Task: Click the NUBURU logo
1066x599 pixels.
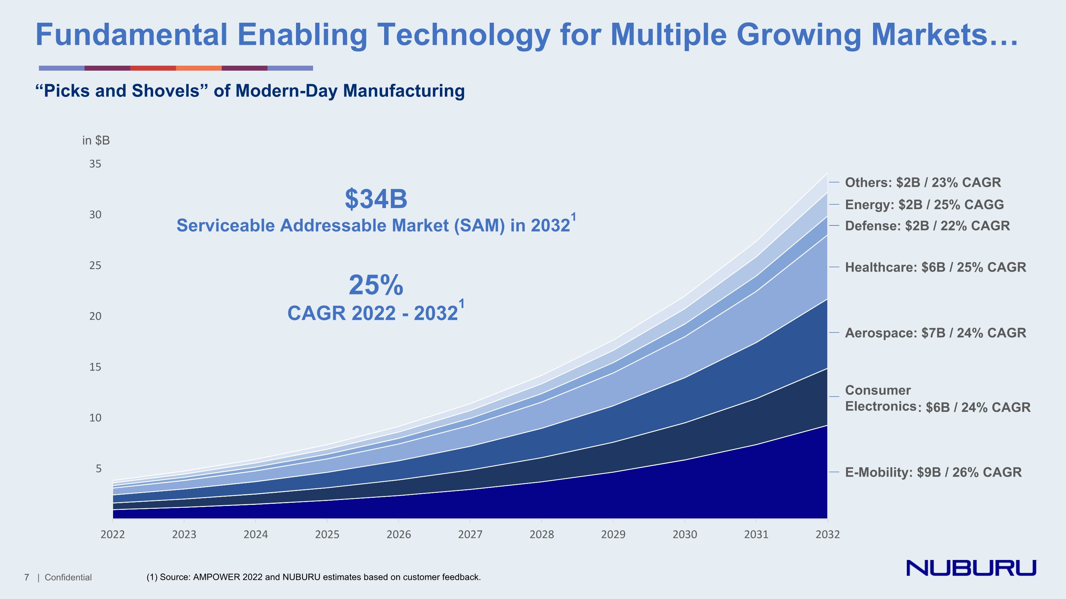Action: [971, 568]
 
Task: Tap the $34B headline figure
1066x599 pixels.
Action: [376, 199]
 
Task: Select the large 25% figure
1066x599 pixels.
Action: [376, 285]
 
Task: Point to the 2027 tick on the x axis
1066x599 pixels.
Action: [470, 534]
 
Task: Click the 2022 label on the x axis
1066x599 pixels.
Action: [113, 534]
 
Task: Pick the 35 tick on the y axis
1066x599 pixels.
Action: [95, 164]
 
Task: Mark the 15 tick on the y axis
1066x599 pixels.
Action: [95, 367]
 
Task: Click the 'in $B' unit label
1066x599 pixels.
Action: [96, 141]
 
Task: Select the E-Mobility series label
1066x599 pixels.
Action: [933, 472]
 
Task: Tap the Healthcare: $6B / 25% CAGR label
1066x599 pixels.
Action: [935, 267]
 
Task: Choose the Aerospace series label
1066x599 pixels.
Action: [935, 333]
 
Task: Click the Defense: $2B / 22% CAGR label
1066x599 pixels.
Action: [927, 226]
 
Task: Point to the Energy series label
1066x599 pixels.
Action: [924, 205]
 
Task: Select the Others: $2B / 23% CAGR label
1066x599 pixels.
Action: [923, 182]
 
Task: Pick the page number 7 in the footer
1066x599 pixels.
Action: [27, 577]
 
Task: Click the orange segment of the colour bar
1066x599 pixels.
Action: [199, 68]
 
